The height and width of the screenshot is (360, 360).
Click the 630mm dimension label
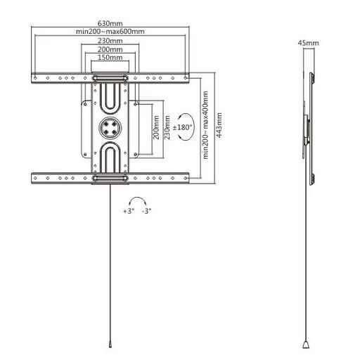pyautogui.click(x=110, y=23)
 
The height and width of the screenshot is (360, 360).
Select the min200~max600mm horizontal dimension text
pyautogui.click(x=110, y=32)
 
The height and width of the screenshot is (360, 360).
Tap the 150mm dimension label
pyautogui.click(x=110, y=58)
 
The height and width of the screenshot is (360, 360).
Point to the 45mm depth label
pyautogui.click(x=308, y=43)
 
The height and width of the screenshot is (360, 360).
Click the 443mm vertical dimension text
pyautogui.click(x=219, y=125)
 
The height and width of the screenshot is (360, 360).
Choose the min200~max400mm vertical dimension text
pyautogui.click(x=205, y=125)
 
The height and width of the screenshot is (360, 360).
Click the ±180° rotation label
pyautogui.click(x=182, y=127)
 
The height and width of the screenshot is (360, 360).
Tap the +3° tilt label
pyautogui.click(x=129, y=211)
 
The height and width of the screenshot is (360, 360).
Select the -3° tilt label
pyautogui.click(x=146, y=211)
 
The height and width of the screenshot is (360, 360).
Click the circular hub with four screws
pyautogui.click(x=110, y=128)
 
